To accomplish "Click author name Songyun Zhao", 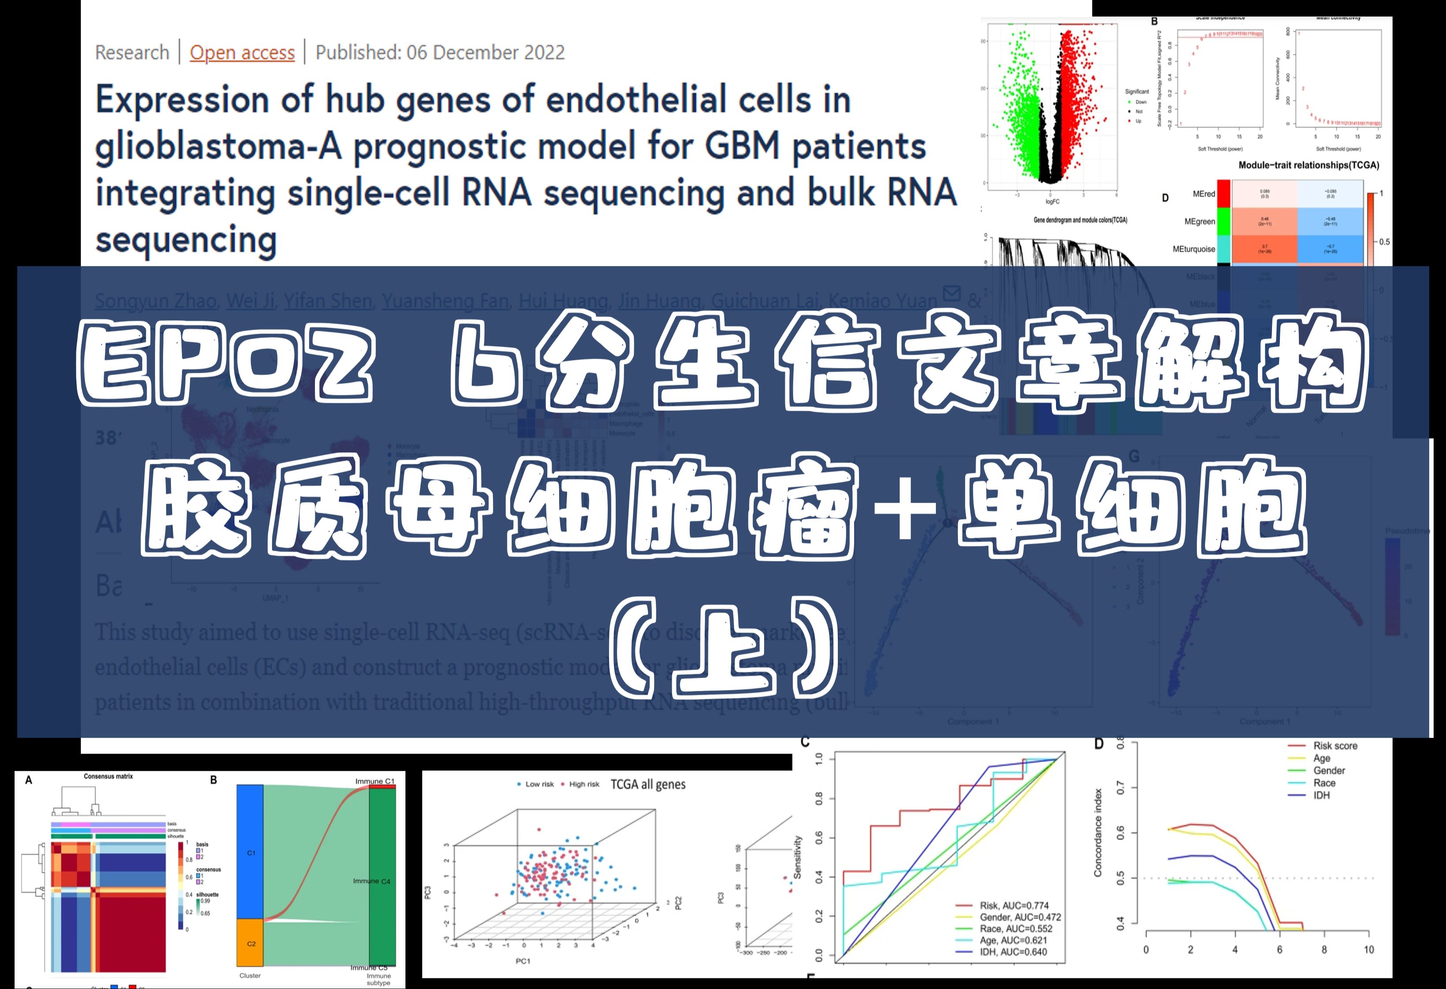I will pos(155,301).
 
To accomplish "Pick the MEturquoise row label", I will pos(1193,249).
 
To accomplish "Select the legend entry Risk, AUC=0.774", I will pos(1014,906).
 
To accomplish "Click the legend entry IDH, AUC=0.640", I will pos(1013,951).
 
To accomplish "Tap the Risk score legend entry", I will pos(1335,746).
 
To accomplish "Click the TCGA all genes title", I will pos(648,784).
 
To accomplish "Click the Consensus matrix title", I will pos(108,776).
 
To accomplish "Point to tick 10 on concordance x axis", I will pos(1369,950).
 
